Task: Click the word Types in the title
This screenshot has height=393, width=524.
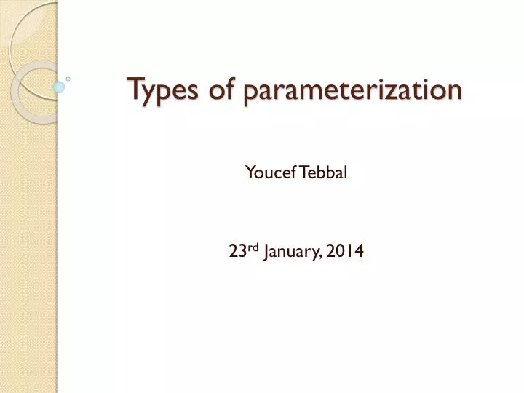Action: (x=162, y=90)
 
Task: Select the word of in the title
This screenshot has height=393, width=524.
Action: (x=220, y=90)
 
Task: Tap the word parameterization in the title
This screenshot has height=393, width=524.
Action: (x=353, y=91)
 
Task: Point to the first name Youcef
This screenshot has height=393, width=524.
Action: (x=268, y=172)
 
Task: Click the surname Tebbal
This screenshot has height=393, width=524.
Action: (x=321, y=172)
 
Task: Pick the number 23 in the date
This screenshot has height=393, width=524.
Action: (x=237, y=251)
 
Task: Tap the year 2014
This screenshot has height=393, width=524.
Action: (x=346, y=251)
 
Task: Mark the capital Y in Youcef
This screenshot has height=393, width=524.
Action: (x=249, y=172)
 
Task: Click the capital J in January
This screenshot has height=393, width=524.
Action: (x=267, y=252)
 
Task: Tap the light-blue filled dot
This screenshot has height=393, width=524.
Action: (x=59, y=87)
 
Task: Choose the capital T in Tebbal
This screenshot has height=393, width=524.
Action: (x=300, y=172)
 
